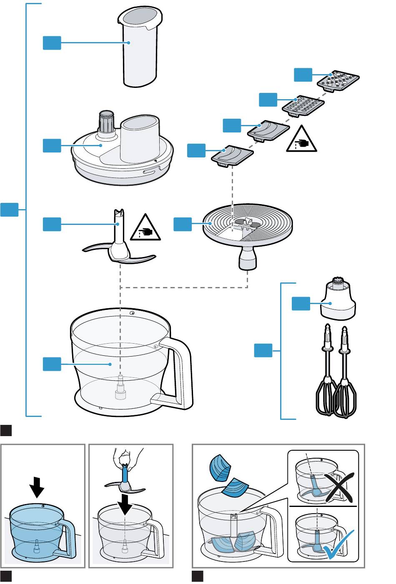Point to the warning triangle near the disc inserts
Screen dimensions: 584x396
[x=301, y=140]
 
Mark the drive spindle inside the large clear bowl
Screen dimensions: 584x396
[x=120, y=387]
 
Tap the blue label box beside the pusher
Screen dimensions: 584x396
[x=52, y=43]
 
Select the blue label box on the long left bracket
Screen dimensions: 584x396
[x=9, y=209]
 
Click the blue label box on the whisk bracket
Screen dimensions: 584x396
[x=263, y=350]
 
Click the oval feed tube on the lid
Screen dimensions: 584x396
[x=140, y=140]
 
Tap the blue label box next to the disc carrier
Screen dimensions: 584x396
[x=183, y=224]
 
